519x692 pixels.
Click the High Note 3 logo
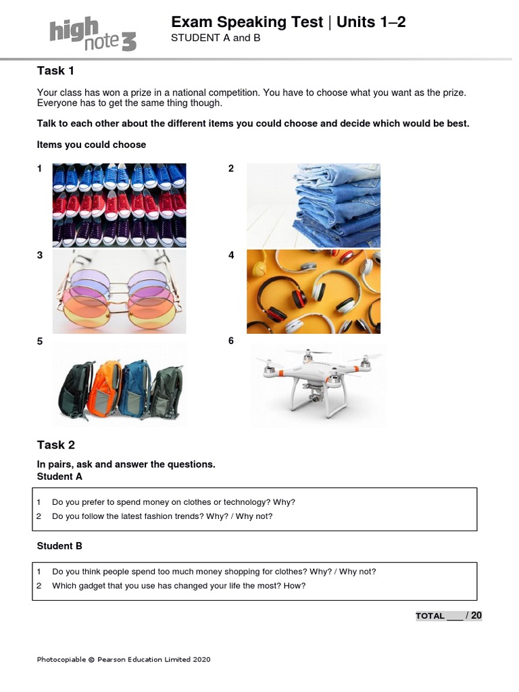93,34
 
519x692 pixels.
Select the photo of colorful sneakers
119,205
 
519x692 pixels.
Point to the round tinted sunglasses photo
119,291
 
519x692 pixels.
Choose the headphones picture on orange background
313,291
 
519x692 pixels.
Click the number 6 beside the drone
231,341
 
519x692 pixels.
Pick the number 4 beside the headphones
231,255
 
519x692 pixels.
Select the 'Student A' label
59,476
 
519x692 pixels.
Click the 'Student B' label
59,546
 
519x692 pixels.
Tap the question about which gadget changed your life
178,586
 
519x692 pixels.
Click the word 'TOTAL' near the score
430,616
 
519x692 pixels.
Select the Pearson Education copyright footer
124,660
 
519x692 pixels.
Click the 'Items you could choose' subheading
91,145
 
